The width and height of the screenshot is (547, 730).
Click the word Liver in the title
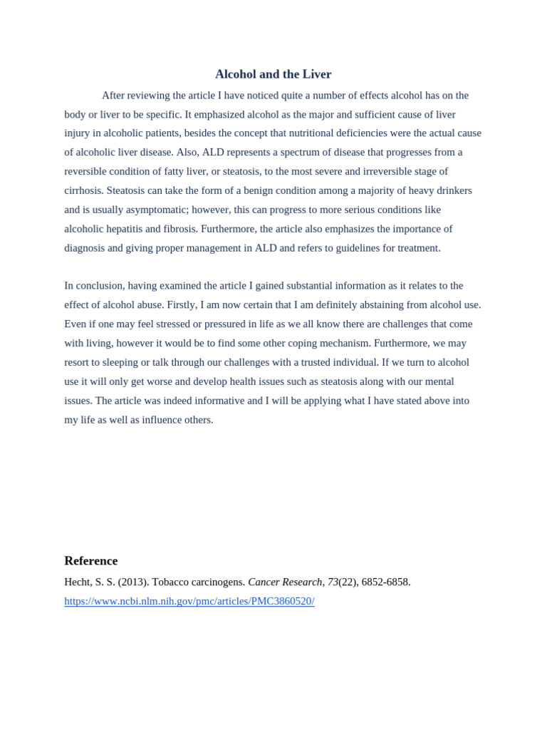317,74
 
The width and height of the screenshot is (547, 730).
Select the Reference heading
91,561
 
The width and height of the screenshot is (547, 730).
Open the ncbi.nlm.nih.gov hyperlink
189,601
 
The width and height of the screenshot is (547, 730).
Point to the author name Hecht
78,582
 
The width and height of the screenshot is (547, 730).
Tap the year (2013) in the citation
133,582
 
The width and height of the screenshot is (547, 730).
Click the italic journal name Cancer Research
285,582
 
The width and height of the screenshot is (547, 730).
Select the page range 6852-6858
385,582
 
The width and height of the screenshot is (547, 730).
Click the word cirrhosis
83,190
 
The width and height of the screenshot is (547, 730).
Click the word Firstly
182,305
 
